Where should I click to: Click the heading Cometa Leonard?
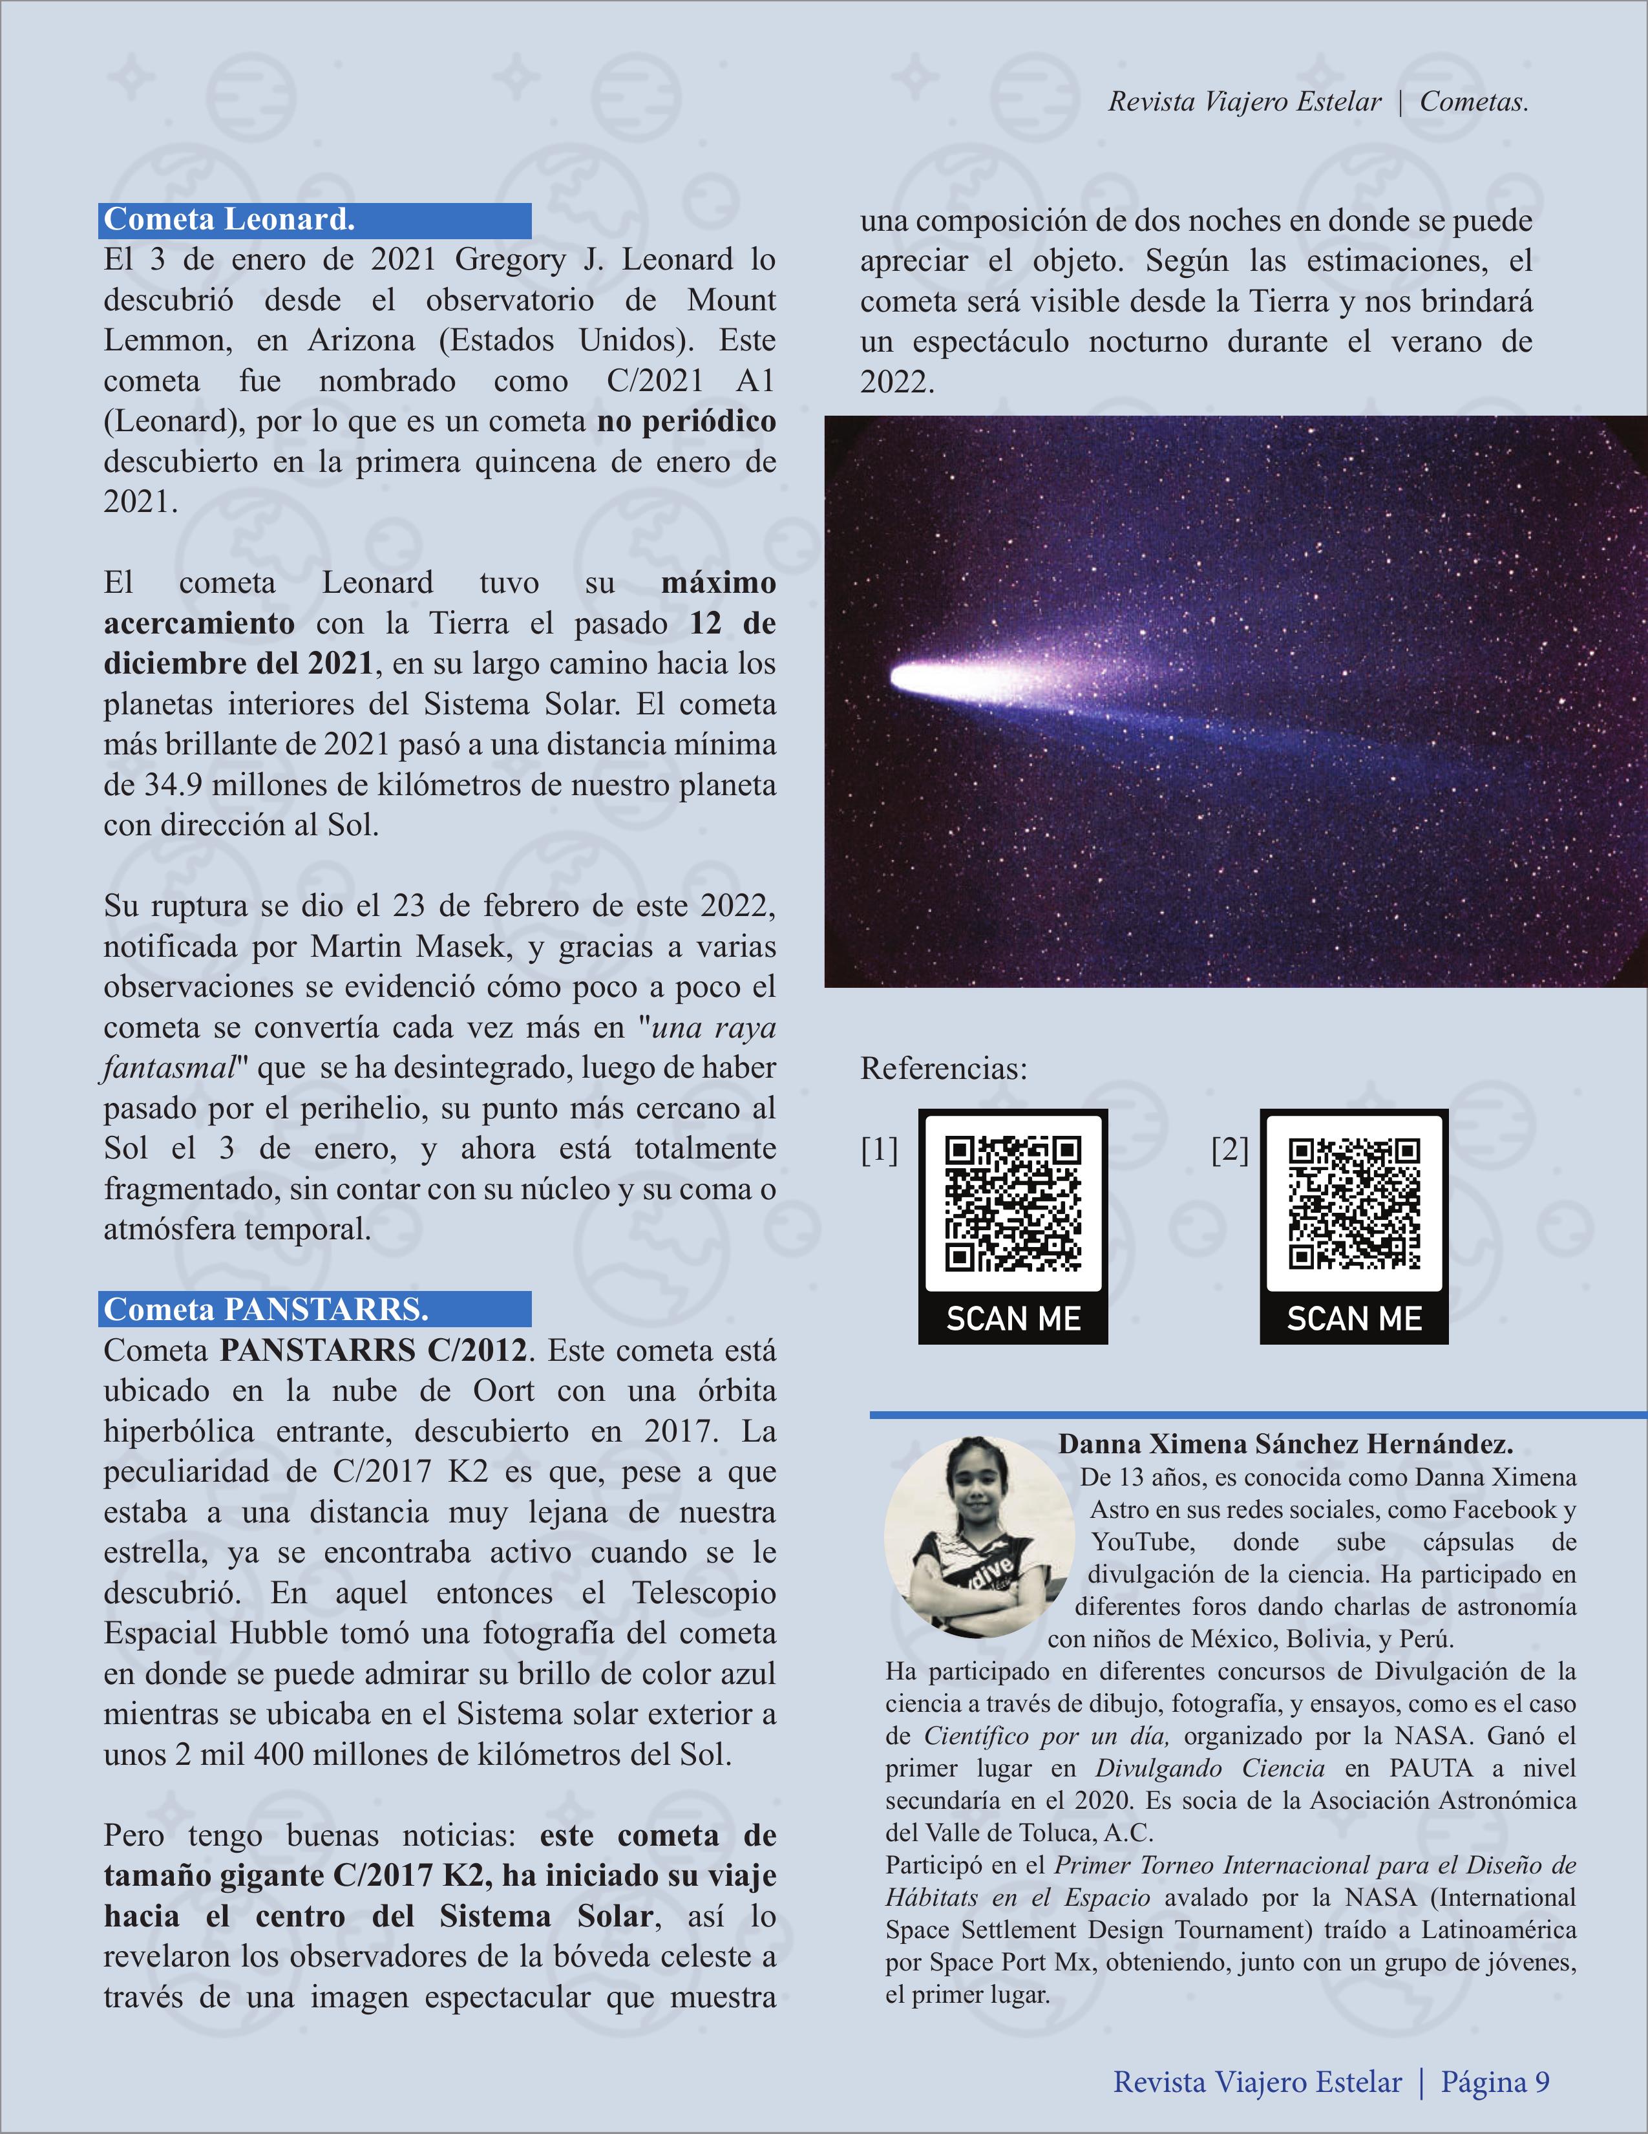click(x=229, y=220)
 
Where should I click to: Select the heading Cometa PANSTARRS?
click(x=266, y=1309)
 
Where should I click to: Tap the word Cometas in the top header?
click(x=1473, y=101)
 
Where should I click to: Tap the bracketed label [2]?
click(x=1230, y=1151)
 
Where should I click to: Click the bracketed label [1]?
click(x=878, y=1151)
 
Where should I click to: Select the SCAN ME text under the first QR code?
click(x=1013, y=1319)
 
